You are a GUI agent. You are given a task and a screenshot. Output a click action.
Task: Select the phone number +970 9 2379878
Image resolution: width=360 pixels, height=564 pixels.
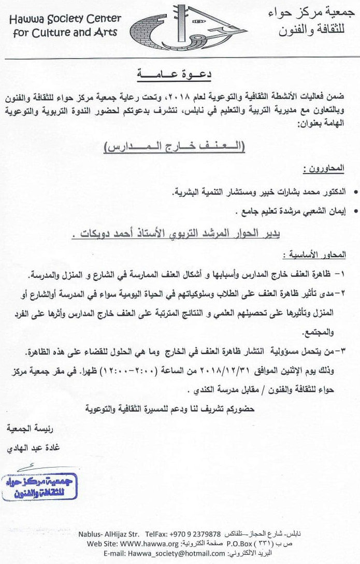(x=192, y=534)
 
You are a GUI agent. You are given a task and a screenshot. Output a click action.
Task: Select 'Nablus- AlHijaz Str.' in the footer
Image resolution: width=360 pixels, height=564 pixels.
(x=108, y=534)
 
